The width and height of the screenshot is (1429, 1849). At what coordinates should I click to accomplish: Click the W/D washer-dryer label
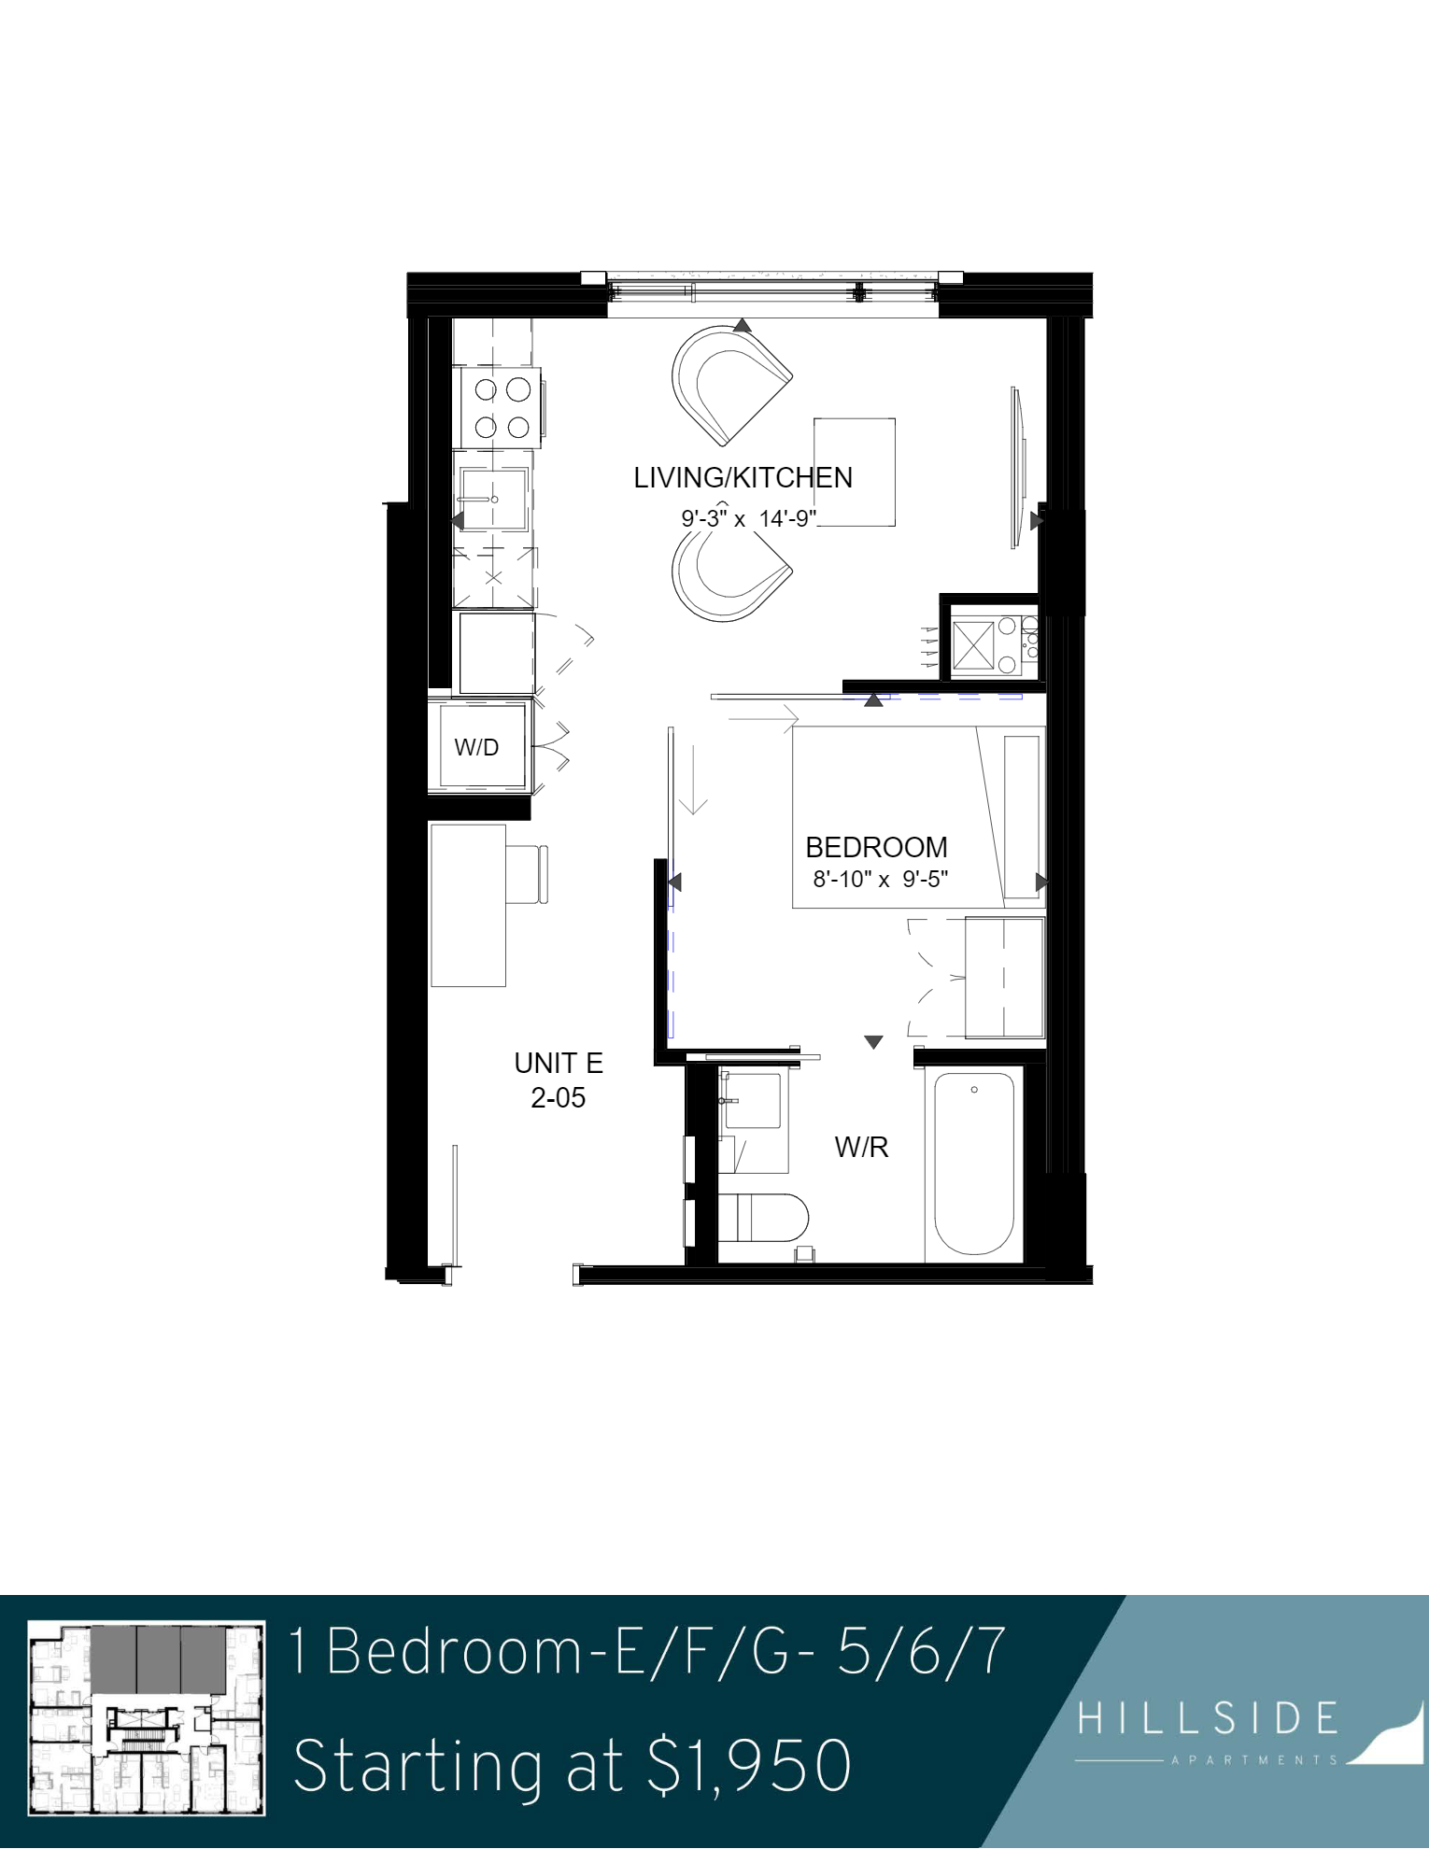pyautogui.click(x=476, y=747)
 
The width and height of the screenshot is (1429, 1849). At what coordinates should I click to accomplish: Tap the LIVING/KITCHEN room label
pyautogui.click(x=743, y=478)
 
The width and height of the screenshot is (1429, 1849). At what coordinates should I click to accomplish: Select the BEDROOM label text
pyautogui.click(x=876, y=847)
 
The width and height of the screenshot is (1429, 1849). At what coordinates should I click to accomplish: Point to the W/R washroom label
pyautogui.click(x=861, y=1147)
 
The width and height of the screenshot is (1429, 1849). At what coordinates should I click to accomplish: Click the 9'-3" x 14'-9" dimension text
pyautogui.click(x=749, y=518)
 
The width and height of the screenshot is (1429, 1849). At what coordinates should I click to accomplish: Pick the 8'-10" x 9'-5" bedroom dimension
pyautogui.click(x=881, y=879)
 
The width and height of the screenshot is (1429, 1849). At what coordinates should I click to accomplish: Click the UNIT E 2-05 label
pyautogui.click(x=559, y=1080)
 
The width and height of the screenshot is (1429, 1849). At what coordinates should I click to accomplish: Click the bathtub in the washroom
pyautogui.click(x=974, y=1164)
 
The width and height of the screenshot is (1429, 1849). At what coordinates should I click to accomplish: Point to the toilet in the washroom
pyautogui.click(x=763, y=1217)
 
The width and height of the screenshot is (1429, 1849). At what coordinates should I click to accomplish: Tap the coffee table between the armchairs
pyautogui.click(x=855, y=473)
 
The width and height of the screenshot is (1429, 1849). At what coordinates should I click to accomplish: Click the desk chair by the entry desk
pyautogui.click(x=528, y=874)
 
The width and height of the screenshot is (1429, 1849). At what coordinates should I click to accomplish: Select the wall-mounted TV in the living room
pyautogui.click(x=1018, y=467)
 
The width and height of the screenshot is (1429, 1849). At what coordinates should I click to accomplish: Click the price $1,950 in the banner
pyautogui.click(x=749, y=1766)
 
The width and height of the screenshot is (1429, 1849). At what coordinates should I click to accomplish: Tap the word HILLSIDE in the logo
pyautogui.click(x=1209, y=1718)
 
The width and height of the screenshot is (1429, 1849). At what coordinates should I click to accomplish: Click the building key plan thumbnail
pyautogui.click(x=147, y=1717)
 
